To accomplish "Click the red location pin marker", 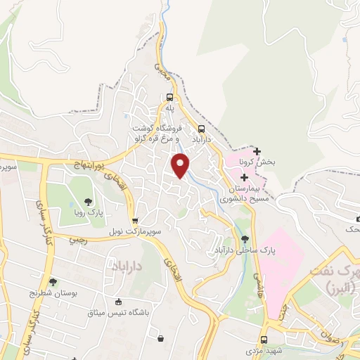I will (181, 164).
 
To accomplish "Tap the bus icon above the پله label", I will (169, 98).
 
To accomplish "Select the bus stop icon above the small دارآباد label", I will (202, 129).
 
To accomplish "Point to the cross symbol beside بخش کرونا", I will (257, 151).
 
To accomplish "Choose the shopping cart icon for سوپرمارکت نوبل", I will (134, 219).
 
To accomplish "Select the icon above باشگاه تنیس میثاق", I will (161, 338).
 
